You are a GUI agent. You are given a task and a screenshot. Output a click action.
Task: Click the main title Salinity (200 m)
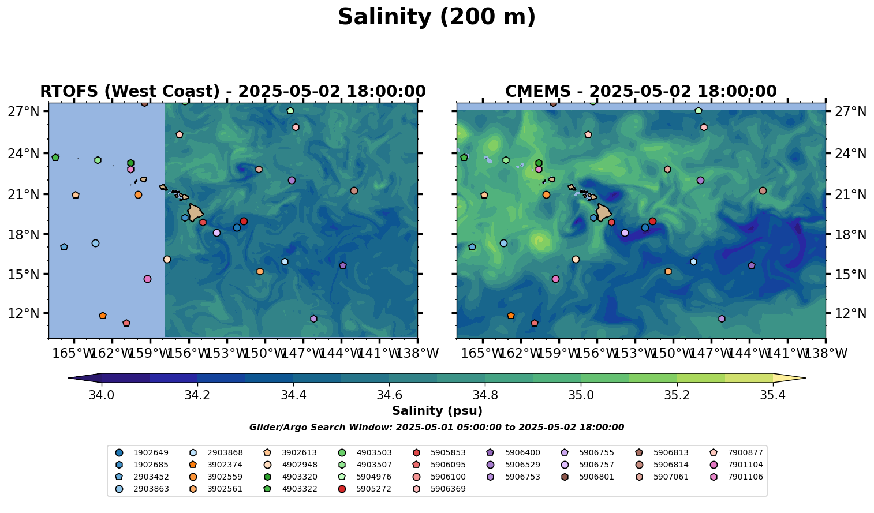tap(436, 17)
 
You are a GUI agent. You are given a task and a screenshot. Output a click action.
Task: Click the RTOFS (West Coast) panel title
tap(233, 92)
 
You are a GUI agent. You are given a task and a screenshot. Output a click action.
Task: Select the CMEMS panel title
tap(641, 92)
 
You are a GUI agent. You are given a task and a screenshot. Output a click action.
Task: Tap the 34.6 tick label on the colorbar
tap(389, 395)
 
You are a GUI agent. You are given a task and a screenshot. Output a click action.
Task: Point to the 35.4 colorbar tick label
tap(772, 395)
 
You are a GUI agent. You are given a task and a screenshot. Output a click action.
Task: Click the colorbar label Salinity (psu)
tap(437, 411)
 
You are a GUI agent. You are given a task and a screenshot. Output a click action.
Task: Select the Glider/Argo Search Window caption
tap(436, 428)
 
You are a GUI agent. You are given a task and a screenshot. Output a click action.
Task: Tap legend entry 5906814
tap(670, 465)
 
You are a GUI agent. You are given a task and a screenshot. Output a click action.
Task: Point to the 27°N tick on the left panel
tap(24, 111)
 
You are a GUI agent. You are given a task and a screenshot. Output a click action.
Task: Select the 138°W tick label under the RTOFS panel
tap(418, 353)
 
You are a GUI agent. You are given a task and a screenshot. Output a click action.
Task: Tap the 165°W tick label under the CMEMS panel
tap(483, 353)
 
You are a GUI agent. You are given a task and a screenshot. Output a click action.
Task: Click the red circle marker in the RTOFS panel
tap(244, 221)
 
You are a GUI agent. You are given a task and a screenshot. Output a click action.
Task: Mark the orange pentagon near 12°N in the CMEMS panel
tap(510, 316)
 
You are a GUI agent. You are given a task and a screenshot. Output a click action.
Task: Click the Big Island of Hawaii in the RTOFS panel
tap(195, 212)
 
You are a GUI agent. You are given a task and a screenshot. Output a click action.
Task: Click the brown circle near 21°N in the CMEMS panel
tap(763, 190)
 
